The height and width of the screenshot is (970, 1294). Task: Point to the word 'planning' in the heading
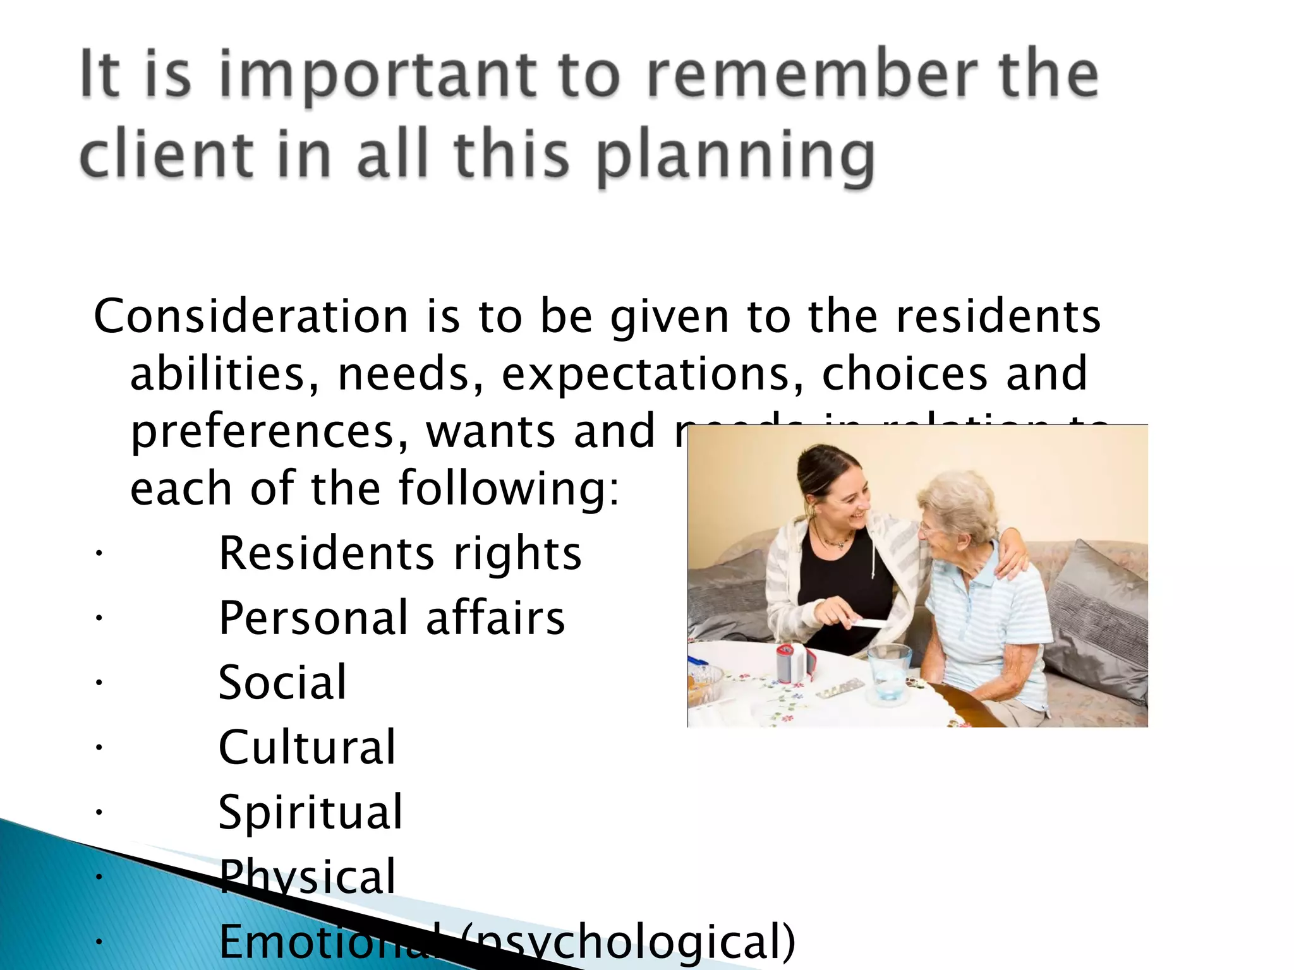pyautogui.click(x=735, y=158)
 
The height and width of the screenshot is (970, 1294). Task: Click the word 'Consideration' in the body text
pyautogui.click(x=251, y=316)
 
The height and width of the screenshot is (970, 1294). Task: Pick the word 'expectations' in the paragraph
pyautogui.click(x=652, y=374)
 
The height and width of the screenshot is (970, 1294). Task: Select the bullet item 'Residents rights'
pyautogui.click(x=399, y=553)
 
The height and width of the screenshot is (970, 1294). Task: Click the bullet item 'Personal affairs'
pyautogui.click(x=392, y=618)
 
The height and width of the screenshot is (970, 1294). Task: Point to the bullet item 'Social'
pyautogui.click(x=282, y=683)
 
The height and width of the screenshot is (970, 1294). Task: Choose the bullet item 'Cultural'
pyautogui.click(x=307, y=747)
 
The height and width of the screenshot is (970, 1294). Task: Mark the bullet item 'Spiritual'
pyautogui.click(x=310, y=812)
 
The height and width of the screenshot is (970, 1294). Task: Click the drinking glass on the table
pyautogui.click(x=888, y=673)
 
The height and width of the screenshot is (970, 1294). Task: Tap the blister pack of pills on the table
pyautogui.click(x=840, y=688)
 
